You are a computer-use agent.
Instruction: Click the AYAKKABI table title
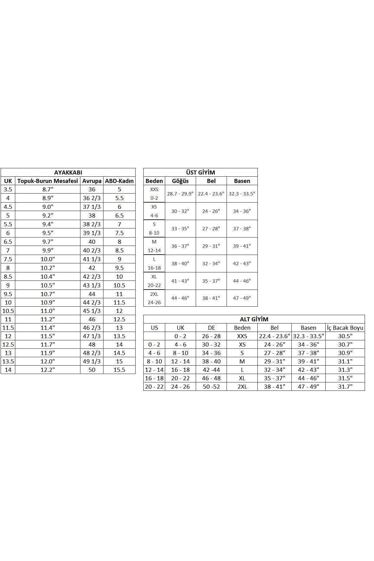click(68, 172)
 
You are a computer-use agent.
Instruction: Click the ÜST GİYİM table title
click(200, 172)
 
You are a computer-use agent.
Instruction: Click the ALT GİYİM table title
click(254, 319)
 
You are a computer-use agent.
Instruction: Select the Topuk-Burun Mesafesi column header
click(48, 181)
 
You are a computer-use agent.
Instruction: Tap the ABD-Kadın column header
click(119, 181)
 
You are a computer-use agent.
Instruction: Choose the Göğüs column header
click(180, 181)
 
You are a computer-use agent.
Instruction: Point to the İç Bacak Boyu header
click(345, 328)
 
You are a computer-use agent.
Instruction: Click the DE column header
click(211, 328)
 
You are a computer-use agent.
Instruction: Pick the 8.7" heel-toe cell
click(48, 189)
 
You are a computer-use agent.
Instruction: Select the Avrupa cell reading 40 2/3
click(92, 250)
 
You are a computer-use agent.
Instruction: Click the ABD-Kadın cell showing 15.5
click(119, 370)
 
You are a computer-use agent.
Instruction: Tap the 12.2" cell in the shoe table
click(48, 370)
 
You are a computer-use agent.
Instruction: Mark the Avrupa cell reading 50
click(92, 370)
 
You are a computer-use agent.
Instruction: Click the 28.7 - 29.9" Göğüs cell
click(180, 194)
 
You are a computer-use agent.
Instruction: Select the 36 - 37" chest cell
click(180, 246)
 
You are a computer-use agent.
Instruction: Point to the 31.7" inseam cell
click(345, 386)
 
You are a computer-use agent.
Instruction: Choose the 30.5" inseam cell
click(345, 336)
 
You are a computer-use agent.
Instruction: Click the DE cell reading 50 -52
click(211, 386)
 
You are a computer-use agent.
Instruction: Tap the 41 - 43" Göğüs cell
click(180, 281)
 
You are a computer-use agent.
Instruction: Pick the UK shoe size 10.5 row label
click(8, 311)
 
